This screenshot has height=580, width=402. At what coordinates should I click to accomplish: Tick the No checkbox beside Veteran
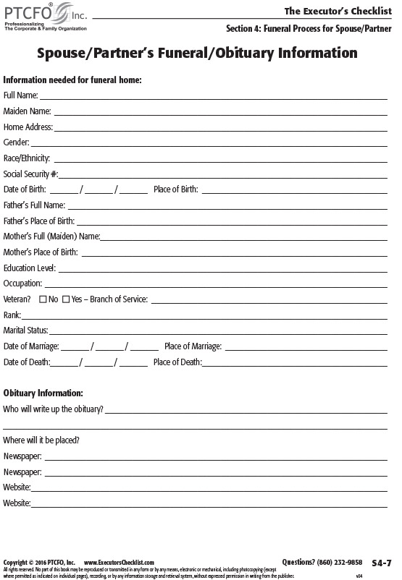coord(43,299)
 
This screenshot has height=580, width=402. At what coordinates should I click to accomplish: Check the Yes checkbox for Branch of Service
coord(66,299)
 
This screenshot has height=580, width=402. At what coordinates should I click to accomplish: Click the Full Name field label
coord(20,95)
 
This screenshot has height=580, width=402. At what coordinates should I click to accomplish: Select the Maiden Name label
coord(27,111)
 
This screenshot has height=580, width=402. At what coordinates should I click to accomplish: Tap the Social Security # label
coord(30,174)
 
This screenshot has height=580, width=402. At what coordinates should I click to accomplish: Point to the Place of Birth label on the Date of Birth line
coord(175,189)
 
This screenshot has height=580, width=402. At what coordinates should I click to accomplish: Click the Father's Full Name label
coord(34,205)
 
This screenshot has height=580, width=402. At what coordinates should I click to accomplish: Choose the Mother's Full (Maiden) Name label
coord(51,236)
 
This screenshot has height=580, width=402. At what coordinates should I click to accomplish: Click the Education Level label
coord(29,268)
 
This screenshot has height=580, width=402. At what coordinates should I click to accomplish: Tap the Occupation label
coord(22,283)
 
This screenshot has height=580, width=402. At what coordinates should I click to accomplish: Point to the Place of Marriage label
coord(192,346)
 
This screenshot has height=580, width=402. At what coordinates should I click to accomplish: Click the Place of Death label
coord(177,362)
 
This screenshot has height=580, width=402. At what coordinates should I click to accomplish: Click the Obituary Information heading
coord(43,393)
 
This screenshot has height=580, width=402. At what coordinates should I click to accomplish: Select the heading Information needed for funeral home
coord(72,80)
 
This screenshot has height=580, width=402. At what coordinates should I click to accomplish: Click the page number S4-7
coord(381,562)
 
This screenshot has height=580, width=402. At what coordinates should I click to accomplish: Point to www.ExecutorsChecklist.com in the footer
coord(120,562)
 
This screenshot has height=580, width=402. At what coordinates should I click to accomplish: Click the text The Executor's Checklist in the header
coord(337,11)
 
